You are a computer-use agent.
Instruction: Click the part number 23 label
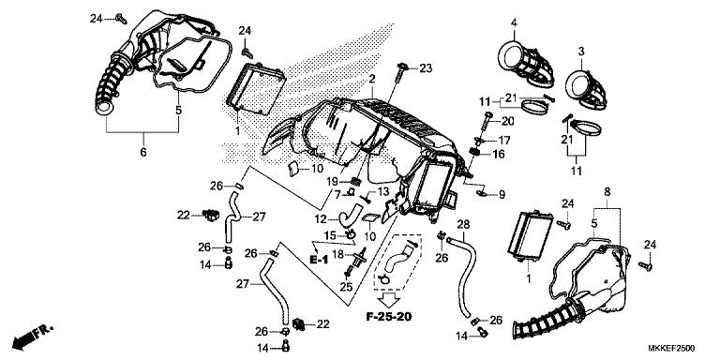tap(426, 68)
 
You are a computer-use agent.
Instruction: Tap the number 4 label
tap(514, 22)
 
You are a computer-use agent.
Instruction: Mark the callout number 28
tap(463, 225)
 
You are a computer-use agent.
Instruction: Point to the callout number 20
tap(506, 121)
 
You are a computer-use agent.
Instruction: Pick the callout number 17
tap(504, 140)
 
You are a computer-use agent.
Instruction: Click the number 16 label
tap(499, 154)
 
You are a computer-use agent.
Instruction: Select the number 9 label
tap(502, 195)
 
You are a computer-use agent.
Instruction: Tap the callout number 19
tap(333, 180)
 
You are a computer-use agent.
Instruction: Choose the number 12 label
tap(321, 219)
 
